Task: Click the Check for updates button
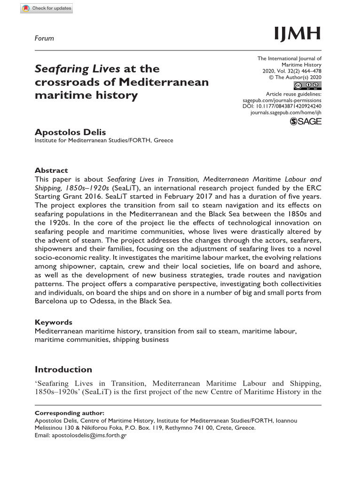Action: tap(47, 8)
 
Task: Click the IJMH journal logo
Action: tap(298, 34)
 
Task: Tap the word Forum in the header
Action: tap(45, 38)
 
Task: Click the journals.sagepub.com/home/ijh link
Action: tap(286, 113)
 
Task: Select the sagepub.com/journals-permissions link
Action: tap(282, 100)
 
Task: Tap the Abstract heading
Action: tap(51, 170)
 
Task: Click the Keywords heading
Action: tap(54, 322)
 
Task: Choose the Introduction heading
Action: tap(63, 370)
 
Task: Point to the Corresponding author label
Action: tap(70, 413)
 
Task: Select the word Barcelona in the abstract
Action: tap(53, 302)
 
